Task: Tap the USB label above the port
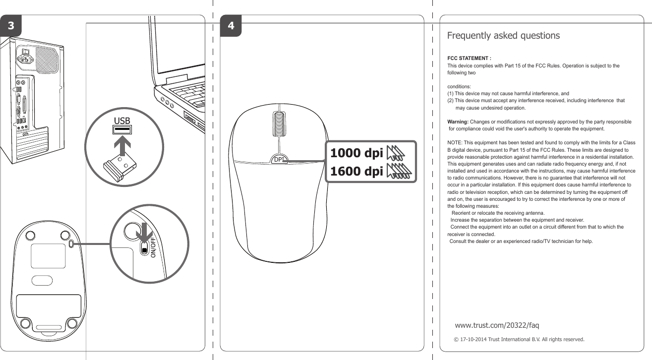pos(122,120)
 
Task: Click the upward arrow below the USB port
pos(122,147)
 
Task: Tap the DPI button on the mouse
pos(279,159)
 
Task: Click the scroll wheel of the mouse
pos(279,124)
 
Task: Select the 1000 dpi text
pos(356,154)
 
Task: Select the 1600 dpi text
pos(356,172)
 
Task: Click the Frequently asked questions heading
pos(503,36)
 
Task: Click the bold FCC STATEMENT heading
pos(469,59)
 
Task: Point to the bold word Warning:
pos(458,121)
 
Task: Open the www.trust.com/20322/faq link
pos(497,325)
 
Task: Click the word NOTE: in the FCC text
pos(455,143)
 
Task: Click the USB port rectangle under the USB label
pos(122,130)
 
